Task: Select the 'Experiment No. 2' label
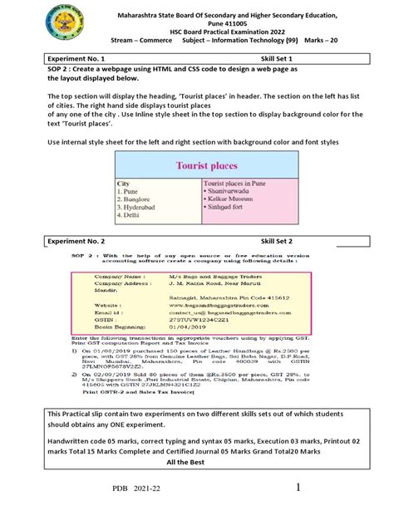(76, 240)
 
